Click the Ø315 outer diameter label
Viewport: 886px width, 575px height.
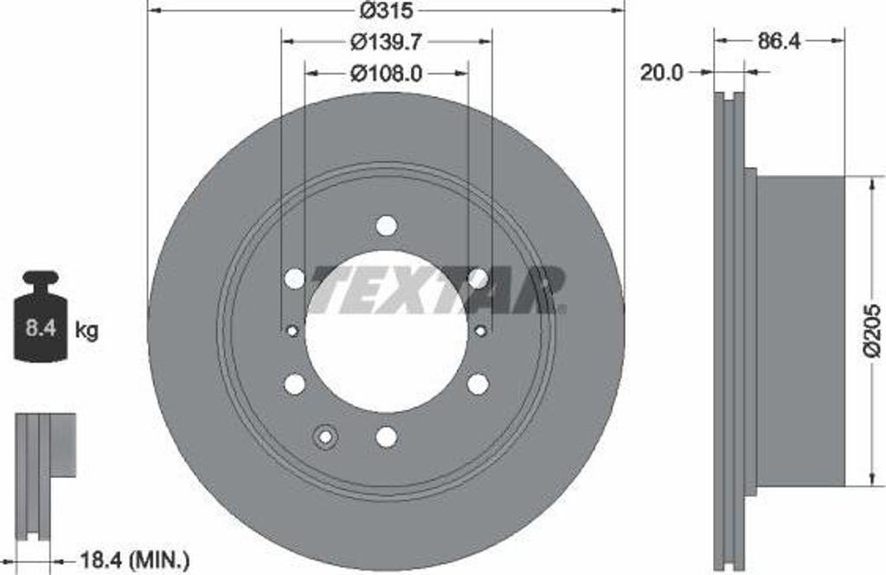pos(387,10)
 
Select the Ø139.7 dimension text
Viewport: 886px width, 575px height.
pos(387,42)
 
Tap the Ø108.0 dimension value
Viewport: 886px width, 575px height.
pos(387,73)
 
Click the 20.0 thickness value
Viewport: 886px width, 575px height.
pos(661,73)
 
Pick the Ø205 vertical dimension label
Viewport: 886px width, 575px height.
pos(872,331)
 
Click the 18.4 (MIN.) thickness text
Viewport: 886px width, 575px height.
pos(134,561)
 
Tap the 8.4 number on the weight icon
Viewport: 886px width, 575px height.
pos(41,327)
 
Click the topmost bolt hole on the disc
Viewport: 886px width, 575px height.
pos(387,226)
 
